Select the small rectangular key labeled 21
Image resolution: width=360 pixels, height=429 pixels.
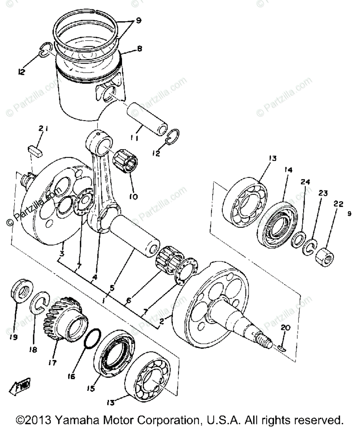(x=35, y=149)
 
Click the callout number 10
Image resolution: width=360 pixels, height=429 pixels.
(x=134, y=197)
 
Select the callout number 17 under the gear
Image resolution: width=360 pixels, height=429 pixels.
(x=53, y=363)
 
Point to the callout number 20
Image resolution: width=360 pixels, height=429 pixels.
(x=285, y=328)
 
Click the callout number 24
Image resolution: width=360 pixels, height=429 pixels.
(x=306, y=182)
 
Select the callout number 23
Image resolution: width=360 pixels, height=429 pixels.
(x=322, y=193)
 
